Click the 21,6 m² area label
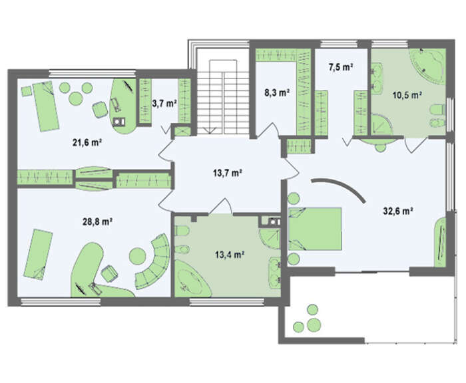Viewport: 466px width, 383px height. (x=87, y=143)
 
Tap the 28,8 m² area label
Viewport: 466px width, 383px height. (x=97, y=221)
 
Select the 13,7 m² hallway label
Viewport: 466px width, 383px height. (x=227, y=172)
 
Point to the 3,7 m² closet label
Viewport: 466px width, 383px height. (x=164, y=104)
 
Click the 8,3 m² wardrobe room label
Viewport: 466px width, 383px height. (x=277, y=93)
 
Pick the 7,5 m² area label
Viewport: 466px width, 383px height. (x=341, y=67)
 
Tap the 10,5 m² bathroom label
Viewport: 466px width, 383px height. (x=407, y=95)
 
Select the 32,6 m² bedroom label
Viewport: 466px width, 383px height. (x=398, y=211)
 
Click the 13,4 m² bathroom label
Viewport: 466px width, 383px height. (x=230, y=255)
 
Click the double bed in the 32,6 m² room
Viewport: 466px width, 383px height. (x=315, y=229)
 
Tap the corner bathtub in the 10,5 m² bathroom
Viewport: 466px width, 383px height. (x=427, y=64)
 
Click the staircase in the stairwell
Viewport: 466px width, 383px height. (x=222, y=97)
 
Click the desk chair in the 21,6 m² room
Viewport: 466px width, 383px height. (x=99, y=110)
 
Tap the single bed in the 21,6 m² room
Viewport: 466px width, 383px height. (x=45, y=106)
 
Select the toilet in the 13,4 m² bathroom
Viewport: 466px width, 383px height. (x=180, y=231)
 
